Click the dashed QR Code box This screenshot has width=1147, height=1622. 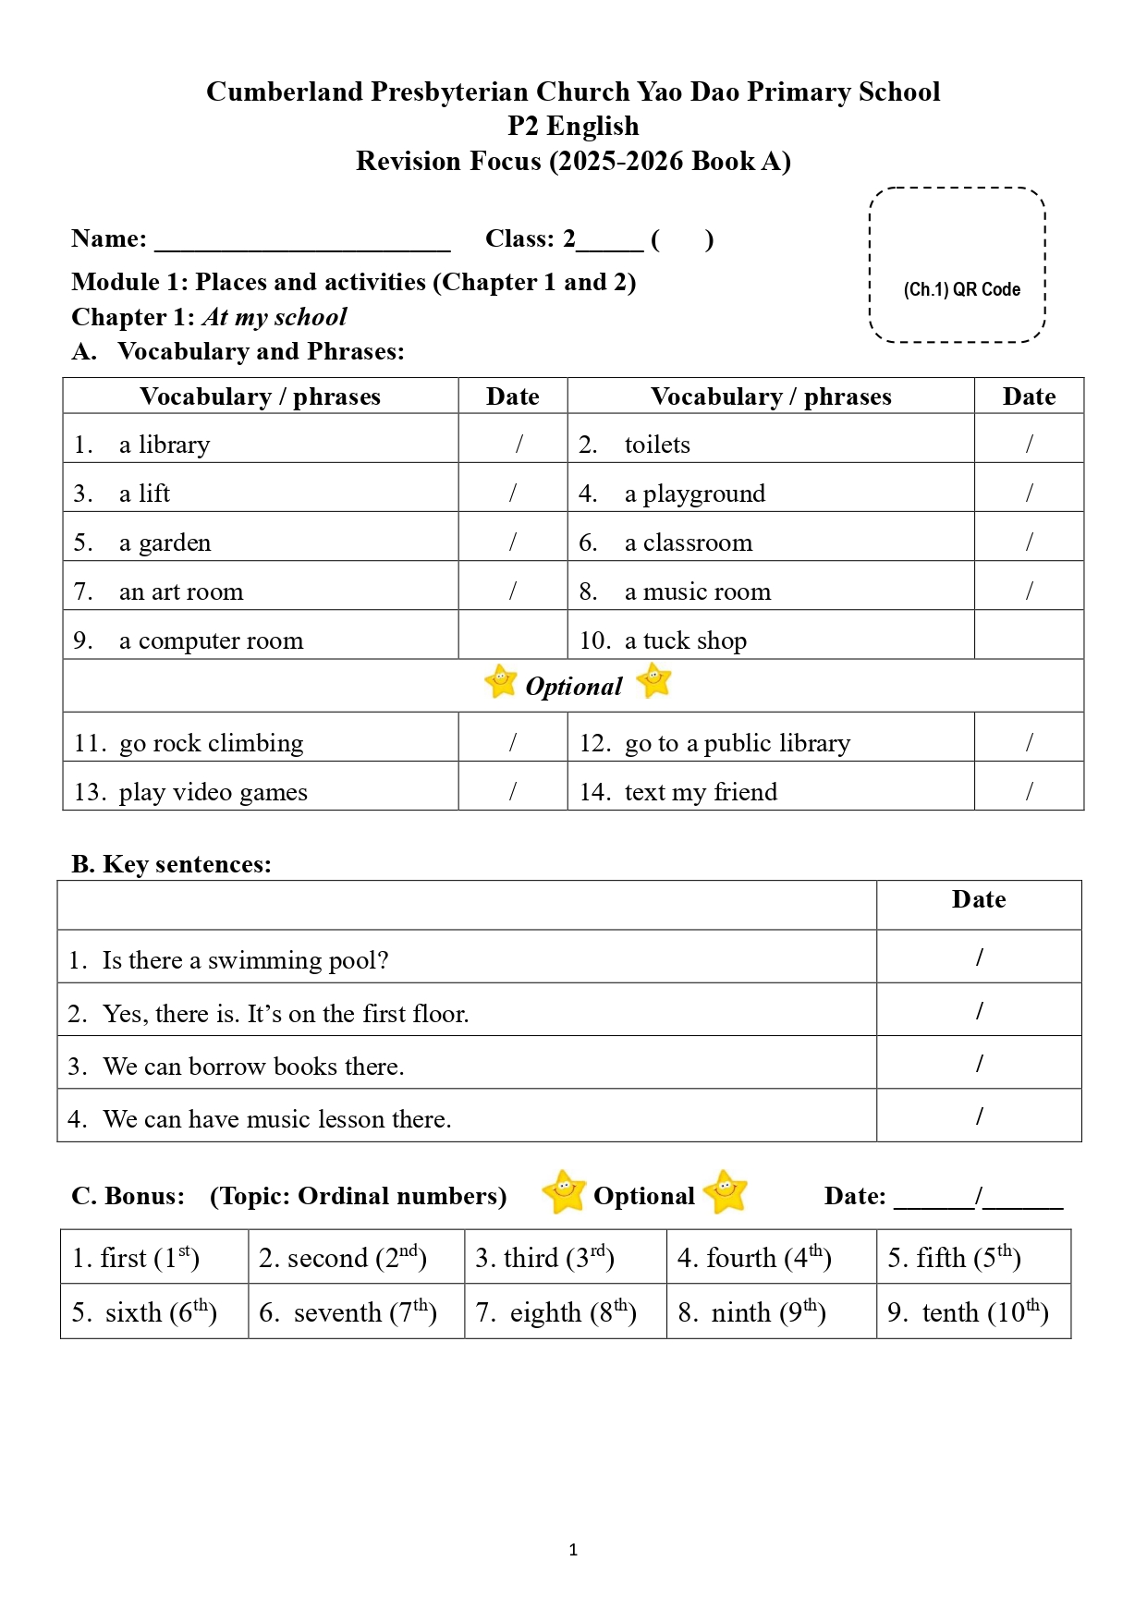click(957, 265)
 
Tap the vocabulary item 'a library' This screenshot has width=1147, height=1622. click(165, 445)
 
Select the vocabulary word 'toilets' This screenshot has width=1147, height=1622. click(657, 445)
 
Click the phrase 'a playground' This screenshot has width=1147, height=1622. click(694, 494)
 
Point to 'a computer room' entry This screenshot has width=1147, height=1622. click(211, 640)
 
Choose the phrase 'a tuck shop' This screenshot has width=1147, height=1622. click(685, 640)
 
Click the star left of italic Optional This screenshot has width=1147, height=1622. click(500, 682)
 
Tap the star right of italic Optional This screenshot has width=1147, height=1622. click(653, 681)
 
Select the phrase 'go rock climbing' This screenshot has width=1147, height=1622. click(211, 743)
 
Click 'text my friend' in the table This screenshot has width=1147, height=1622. click(701, 792)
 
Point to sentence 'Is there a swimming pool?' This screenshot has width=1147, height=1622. click(245, 960)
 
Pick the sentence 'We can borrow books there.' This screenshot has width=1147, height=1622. click(253, 1067)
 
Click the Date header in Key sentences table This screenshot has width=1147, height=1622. click(978, 899)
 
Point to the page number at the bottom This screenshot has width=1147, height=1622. click(573, 1550)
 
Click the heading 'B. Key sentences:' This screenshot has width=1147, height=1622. click(172, 864)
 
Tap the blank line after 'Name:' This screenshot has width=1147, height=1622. click(302, 242)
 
